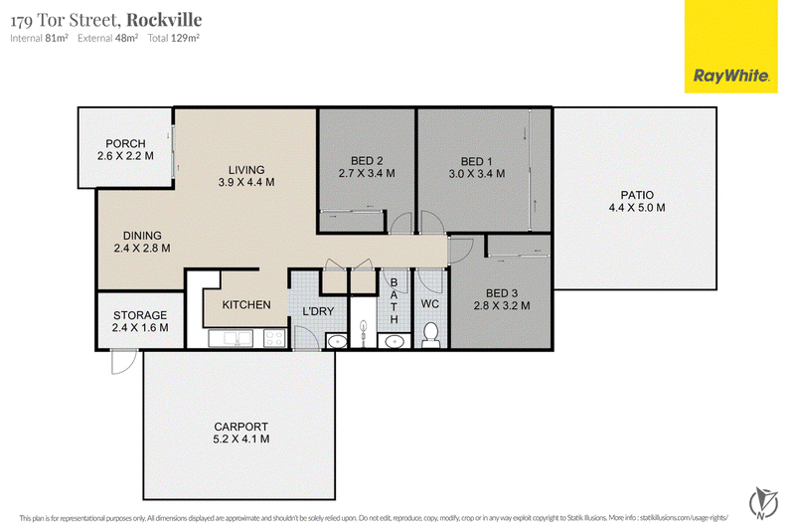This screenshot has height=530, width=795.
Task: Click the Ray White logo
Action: click(730, 47)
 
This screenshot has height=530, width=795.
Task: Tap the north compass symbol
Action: click(763, 503)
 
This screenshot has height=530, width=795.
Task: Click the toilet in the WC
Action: click(430, 335)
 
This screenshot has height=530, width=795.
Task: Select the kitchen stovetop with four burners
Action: click(274, 338)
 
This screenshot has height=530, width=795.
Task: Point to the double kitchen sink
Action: click(231, 338)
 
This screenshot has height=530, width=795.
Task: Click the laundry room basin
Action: click(336, 341)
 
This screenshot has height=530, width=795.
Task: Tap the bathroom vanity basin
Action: click(394, 341)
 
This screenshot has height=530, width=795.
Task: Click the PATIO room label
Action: click(637, 195)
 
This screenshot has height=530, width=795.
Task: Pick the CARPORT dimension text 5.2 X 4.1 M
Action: click(240, 440)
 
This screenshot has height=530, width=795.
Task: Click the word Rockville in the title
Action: click(164, 20)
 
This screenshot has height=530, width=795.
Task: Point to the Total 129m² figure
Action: click(173, 38)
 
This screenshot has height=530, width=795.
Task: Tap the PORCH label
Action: click(125, 143)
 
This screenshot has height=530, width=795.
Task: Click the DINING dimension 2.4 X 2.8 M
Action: click(142, 248)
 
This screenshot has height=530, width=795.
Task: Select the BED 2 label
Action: click(367, 161)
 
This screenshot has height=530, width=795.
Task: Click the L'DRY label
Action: click(318, 311)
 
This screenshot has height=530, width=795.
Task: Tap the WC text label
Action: click(430, 304)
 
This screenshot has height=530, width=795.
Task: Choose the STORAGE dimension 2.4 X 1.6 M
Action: click(140, 327)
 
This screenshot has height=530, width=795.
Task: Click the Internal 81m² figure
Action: click(39, 38)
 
